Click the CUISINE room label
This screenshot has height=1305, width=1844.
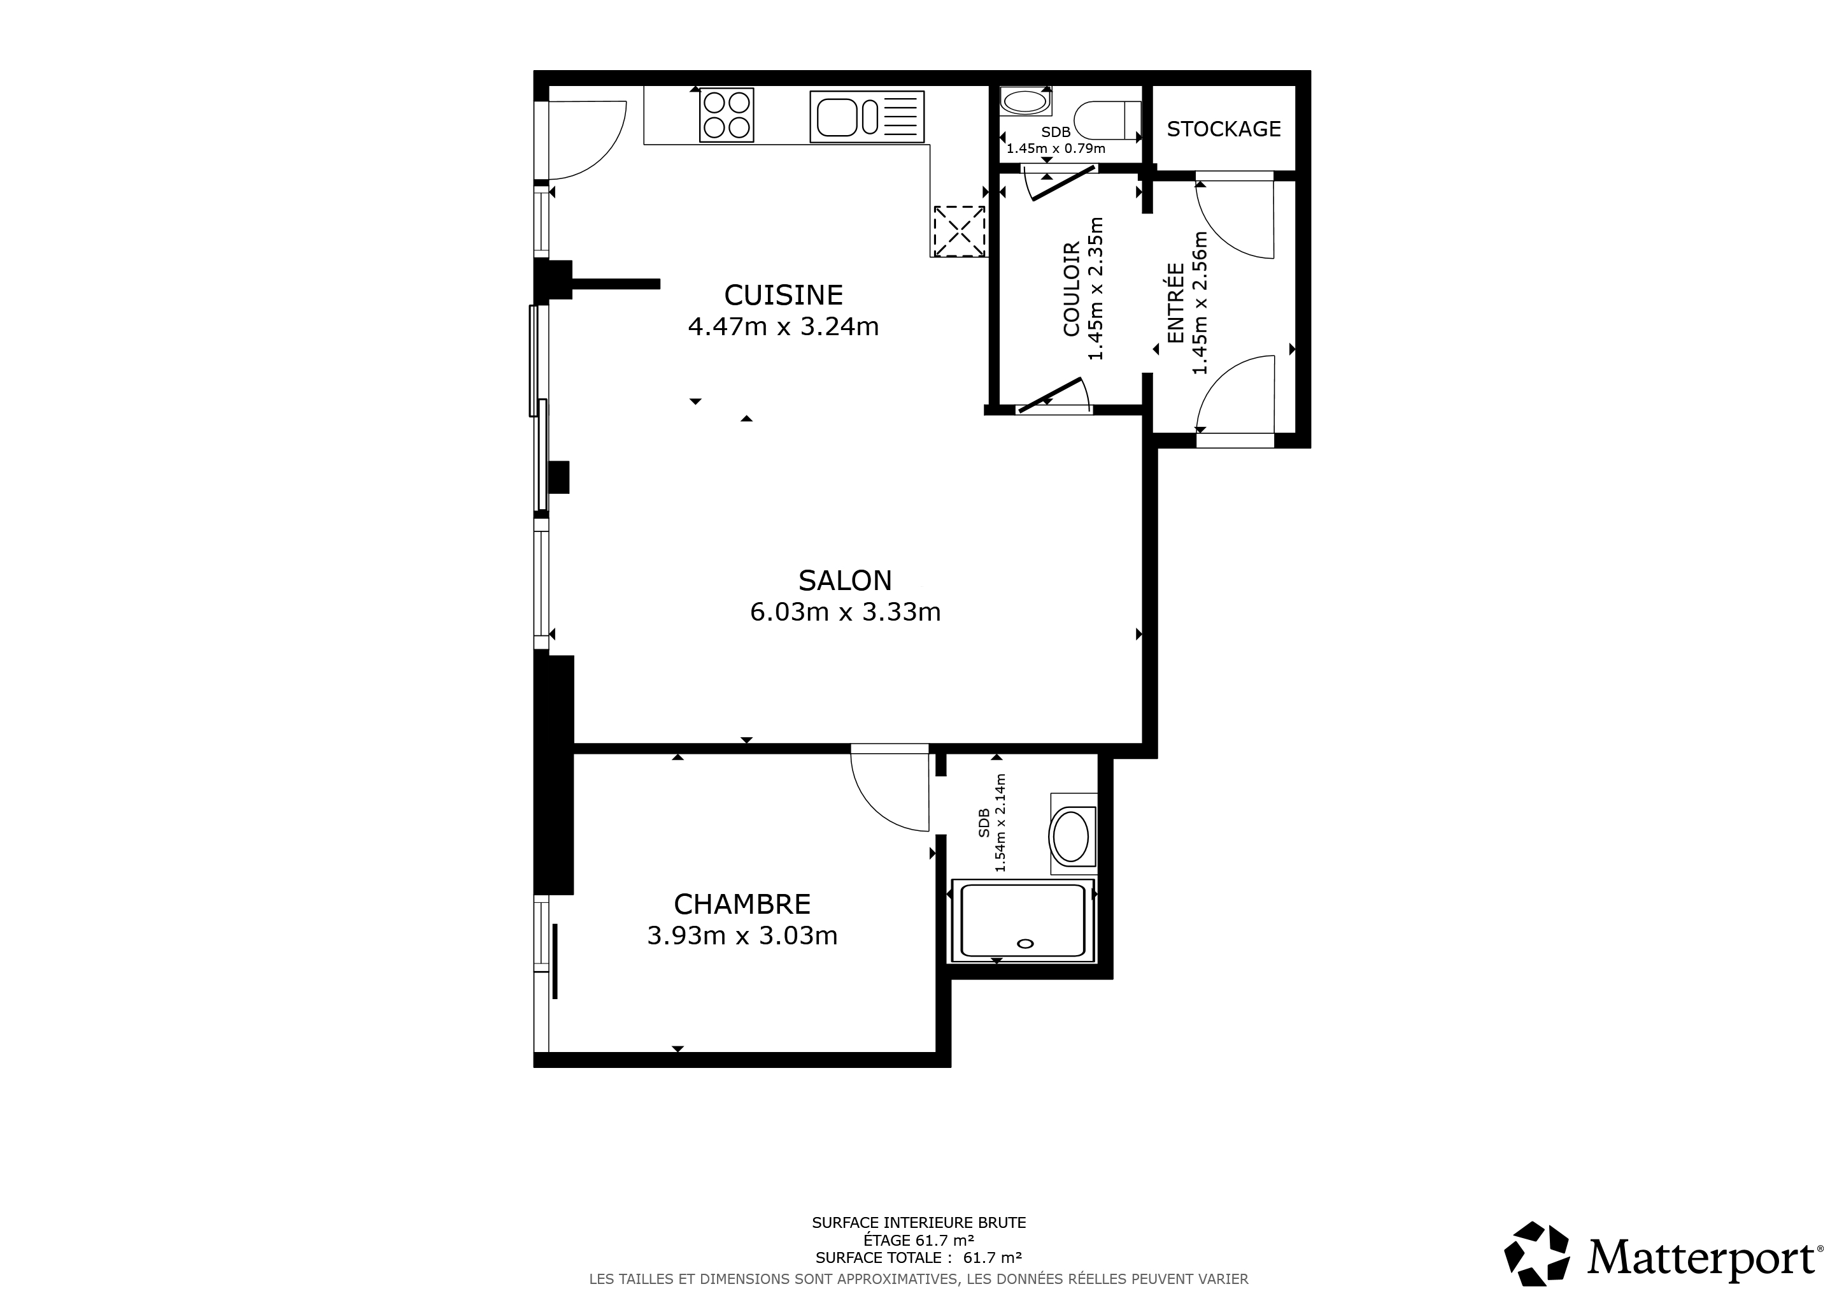783,296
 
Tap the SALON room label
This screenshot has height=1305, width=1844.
845,580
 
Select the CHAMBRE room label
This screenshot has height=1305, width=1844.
742,905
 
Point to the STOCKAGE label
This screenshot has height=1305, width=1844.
1223,129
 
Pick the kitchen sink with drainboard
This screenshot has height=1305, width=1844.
867,117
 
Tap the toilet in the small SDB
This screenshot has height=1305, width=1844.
1107,120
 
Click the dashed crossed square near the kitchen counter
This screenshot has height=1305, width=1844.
959,231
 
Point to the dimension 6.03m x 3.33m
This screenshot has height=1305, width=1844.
845,612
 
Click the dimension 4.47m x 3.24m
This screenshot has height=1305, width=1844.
783,327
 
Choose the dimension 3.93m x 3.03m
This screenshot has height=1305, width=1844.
742,936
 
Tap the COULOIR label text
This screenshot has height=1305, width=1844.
1072,289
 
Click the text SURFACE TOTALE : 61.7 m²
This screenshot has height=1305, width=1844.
919,1258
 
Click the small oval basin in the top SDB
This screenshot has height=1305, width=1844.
1025,102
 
